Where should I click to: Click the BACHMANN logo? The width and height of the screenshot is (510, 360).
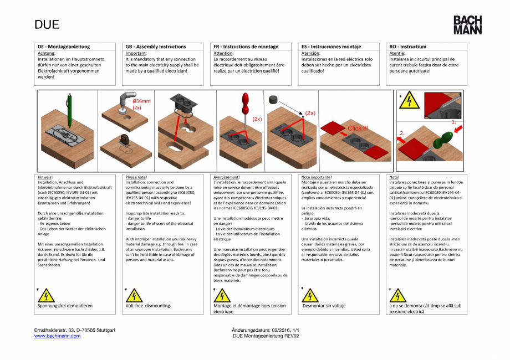(467, 25)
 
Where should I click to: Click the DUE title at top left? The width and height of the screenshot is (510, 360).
(47, 25)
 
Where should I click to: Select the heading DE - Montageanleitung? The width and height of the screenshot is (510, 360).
(64, 47)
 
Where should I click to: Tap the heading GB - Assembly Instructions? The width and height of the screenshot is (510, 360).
(156, 47)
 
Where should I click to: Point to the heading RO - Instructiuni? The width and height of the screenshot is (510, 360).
(408, 47)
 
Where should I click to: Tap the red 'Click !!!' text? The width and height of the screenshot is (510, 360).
(358, 128)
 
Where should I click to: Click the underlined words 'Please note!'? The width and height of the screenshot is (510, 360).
(136, 177)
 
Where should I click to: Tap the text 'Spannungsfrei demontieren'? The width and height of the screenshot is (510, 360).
(65, 306)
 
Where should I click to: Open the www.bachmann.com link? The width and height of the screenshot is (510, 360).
(57, 336)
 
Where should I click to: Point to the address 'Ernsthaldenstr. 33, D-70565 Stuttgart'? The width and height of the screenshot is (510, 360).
(75, 330)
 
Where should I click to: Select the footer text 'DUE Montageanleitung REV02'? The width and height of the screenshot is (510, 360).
(266, 336)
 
